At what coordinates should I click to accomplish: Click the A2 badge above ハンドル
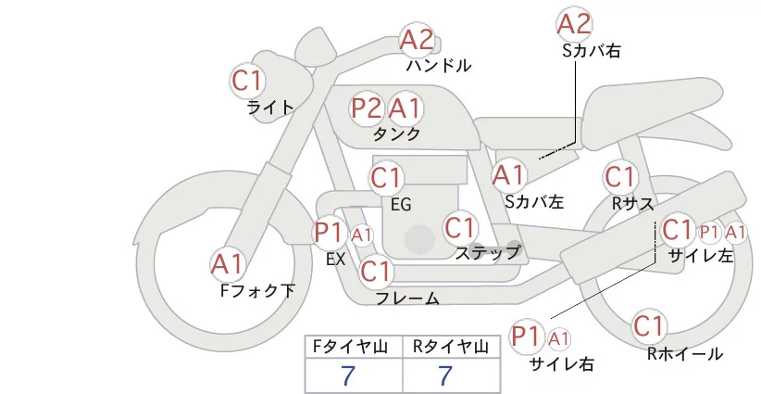click(x=417, y=40)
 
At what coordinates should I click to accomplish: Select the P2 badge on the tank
click(x=368, y=108)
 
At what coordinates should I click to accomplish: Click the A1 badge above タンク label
click(x=405, y=108)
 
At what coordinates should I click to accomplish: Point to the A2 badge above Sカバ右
click(x=575, y=24)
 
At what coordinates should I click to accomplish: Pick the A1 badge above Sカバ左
click(x=509, y=174)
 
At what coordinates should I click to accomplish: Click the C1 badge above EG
click(x=386, y=177)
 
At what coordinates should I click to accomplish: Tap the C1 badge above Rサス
click(x=619, y=177)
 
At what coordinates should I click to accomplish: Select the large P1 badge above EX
click(x=330, y=232)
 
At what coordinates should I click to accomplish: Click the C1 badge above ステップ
click(x=460, y=227)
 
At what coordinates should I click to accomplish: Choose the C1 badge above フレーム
click(x=377, y=273)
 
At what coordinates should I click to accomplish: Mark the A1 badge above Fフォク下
click(x=227, y=265)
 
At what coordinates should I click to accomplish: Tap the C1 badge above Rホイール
click(x=649, y=326)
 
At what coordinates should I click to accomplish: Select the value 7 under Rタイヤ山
click(x=447, y=376)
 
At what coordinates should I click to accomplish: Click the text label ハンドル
click(x=439, y=67)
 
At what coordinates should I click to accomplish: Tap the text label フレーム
click(x=407, y=299)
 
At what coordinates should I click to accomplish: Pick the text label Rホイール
click(x=685, y=353)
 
